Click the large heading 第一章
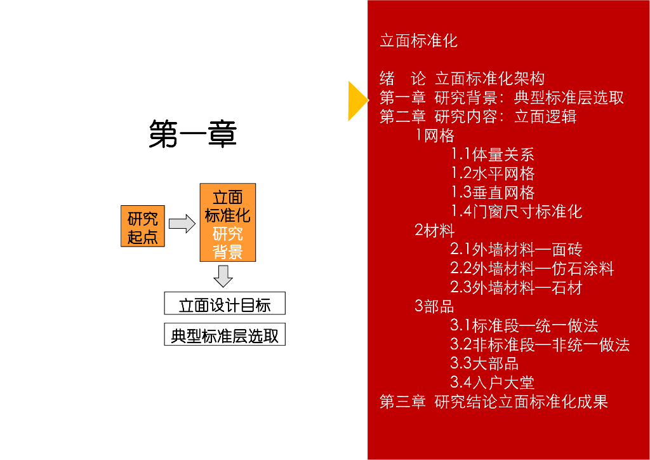[192, 135]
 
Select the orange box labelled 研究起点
[143, 227]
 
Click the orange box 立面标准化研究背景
[228, 223]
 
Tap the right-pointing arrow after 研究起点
[182, 224]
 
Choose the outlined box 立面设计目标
[225, 304]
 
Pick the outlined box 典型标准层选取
[225, 334]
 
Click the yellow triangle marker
[357, 100]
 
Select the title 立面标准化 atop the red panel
[418, 41]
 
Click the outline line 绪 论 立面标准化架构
[462, 79]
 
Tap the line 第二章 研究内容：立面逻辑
[478, 117]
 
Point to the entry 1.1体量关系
[493, 154]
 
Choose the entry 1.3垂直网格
[493, 193]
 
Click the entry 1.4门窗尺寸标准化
[517, 212]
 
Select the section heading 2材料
[435, 231]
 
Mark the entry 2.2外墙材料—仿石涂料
[532, 269]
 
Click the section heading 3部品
[435, 306]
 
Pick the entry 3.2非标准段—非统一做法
[540, 345]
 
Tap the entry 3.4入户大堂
[493, 382]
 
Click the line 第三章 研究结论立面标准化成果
[494, 402]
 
